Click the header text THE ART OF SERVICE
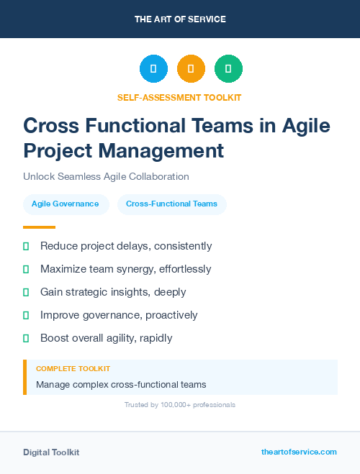(180, 19)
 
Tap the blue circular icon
(153, 69)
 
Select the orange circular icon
(191, 69)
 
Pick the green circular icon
(228, 69)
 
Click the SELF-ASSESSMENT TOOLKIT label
(179, 97)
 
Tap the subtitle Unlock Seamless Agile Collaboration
(106, 176)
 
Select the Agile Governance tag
(65, 204)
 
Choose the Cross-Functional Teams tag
(171, 204)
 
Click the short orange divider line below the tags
(35, 227)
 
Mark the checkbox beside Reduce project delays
(26, 246)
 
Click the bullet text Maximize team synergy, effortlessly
(125, 269)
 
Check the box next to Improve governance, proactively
(26, 315)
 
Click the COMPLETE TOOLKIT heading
(73, 368)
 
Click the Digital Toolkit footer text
(51, 452)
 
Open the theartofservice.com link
(299, 452)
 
